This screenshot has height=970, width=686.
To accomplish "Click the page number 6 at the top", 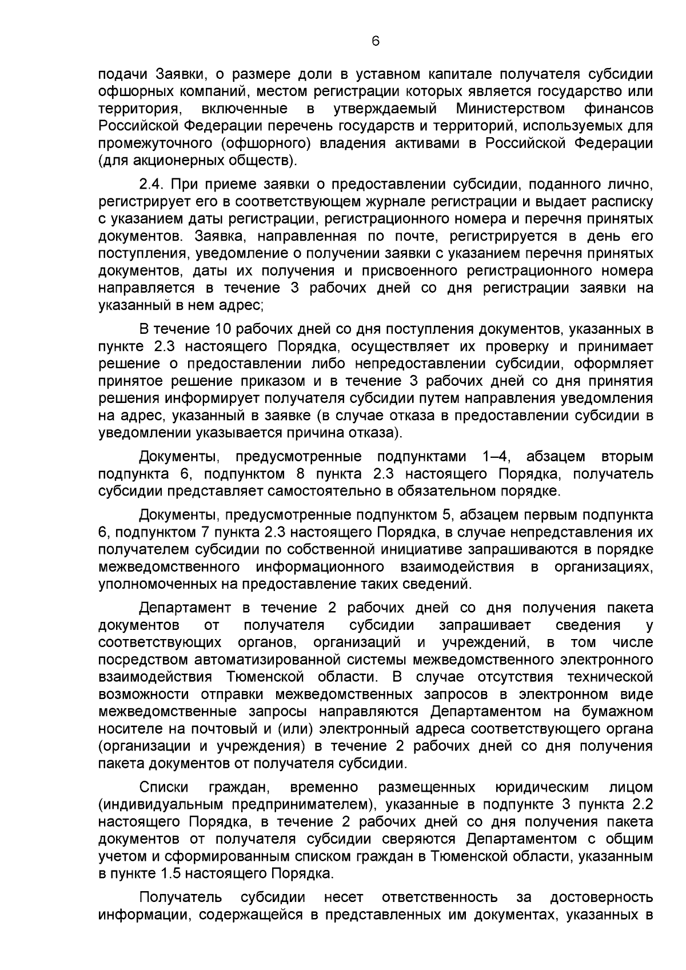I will point(375,41).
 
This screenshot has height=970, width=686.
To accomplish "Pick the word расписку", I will point(623,201).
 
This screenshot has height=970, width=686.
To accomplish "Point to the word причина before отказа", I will point(316,432).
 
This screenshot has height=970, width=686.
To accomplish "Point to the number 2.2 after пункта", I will point(641,805).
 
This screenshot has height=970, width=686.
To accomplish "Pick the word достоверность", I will point(601,897).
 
